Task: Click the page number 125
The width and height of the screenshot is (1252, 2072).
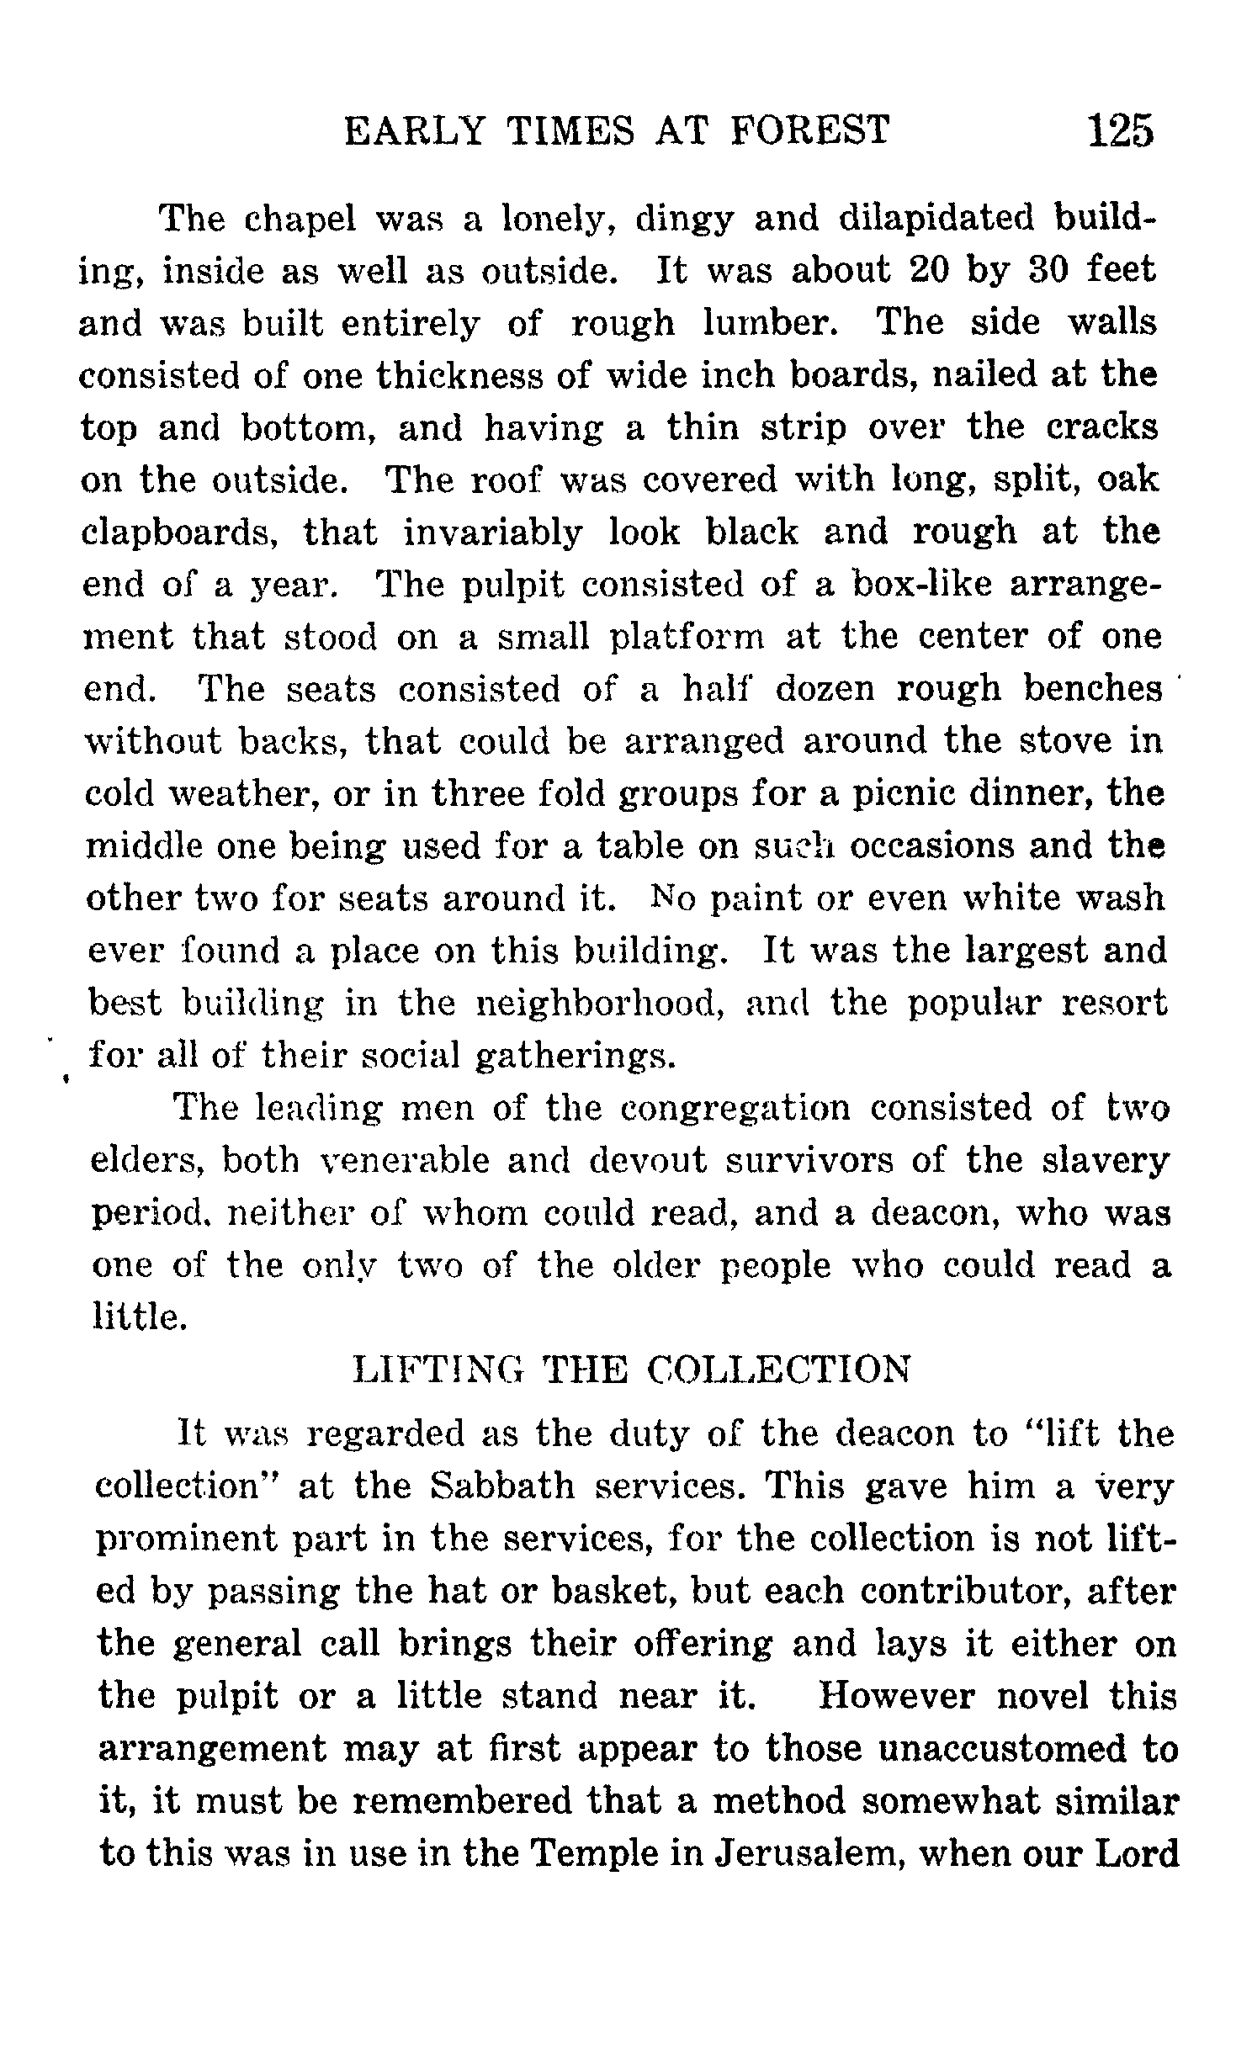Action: tap(1120, 132)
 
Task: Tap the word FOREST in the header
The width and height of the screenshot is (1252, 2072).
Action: tap(811, 132)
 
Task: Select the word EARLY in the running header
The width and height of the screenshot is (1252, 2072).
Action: tap(416, 132)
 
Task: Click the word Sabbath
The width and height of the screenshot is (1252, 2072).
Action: tap(501, 1487)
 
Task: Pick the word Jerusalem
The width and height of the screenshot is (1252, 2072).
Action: tap(808, 1855)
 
